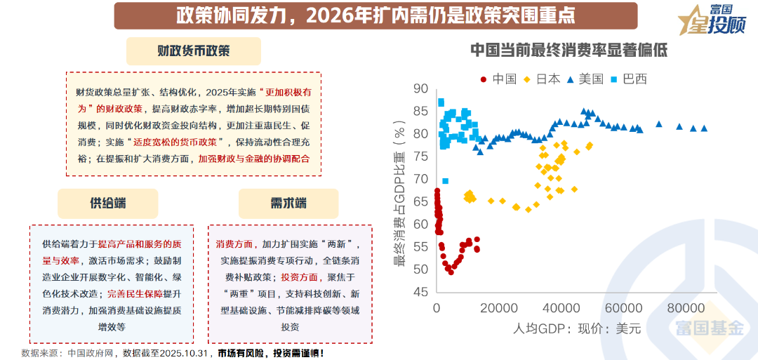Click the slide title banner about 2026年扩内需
376,15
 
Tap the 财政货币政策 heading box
193,51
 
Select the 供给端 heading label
109,203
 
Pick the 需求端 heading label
288,203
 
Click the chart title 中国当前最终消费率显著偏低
568,51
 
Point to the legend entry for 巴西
629,79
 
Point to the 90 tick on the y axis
421,88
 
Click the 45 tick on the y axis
421,292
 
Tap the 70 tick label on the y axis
421,179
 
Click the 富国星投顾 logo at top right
710,20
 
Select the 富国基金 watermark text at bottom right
710,328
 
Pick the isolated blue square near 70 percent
445,181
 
